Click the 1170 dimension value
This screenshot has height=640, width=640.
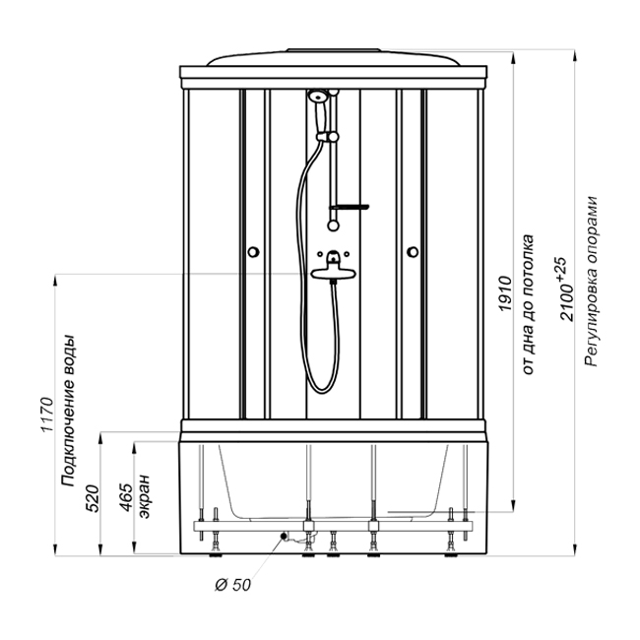click(47, 414)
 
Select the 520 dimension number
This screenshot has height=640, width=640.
click(93, 498)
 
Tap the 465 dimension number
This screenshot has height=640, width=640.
click(126, 497)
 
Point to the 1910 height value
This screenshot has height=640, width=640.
click(505, 293)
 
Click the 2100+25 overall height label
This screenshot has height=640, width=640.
click(565, 288)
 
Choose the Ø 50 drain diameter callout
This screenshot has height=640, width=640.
click(232, 585)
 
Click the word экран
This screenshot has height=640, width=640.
click(144, 496)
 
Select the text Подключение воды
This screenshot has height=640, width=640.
click(69, 411)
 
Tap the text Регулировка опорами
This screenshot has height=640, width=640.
click(591, 282)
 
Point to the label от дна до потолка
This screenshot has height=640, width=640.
click(528, 304)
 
